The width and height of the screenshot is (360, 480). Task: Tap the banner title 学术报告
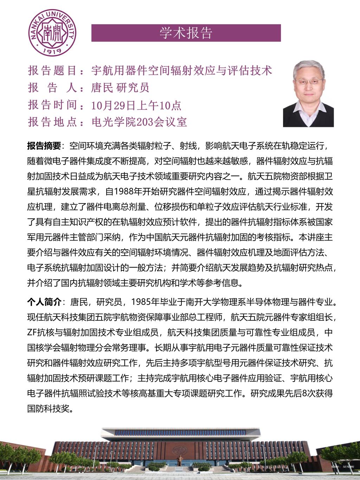186,33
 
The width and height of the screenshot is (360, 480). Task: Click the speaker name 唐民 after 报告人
102,88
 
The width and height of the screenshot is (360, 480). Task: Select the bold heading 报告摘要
44,146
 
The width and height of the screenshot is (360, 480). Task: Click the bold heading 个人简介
44,302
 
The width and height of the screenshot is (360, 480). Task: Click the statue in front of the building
179,461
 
